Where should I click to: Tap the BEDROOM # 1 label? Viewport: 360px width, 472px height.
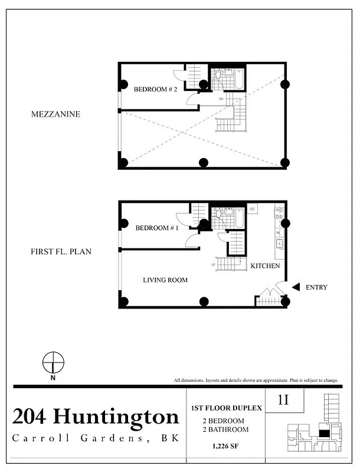153,228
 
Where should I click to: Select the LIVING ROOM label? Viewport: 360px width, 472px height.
165,280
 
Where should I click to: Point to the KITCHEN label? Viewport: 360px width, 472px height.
265,266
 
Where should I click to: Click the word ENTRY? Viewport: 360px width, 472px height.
316,287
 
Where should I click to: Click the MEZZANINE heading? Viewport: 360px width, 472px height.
55,114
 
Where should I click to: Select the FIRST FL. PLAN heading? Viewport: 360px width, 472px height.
61,251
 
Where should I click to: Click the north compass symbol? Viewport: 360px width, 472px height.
54,362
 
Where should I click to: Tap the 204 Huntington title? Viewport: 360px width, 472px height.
95,417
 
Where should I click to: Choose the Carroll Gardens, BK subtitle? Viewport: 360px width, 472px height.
95,438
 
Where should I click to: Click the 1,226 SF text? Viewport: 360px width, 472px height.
225,447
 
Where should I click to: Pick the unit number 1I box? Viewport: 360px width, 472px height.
284,400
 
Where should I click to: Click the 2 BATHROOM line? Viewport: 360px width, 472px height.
225,430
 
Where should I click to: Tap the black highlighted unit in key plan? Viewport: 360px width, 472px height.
324,432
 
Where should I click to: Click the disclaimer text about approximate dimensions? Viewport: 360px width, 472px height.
256,380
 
